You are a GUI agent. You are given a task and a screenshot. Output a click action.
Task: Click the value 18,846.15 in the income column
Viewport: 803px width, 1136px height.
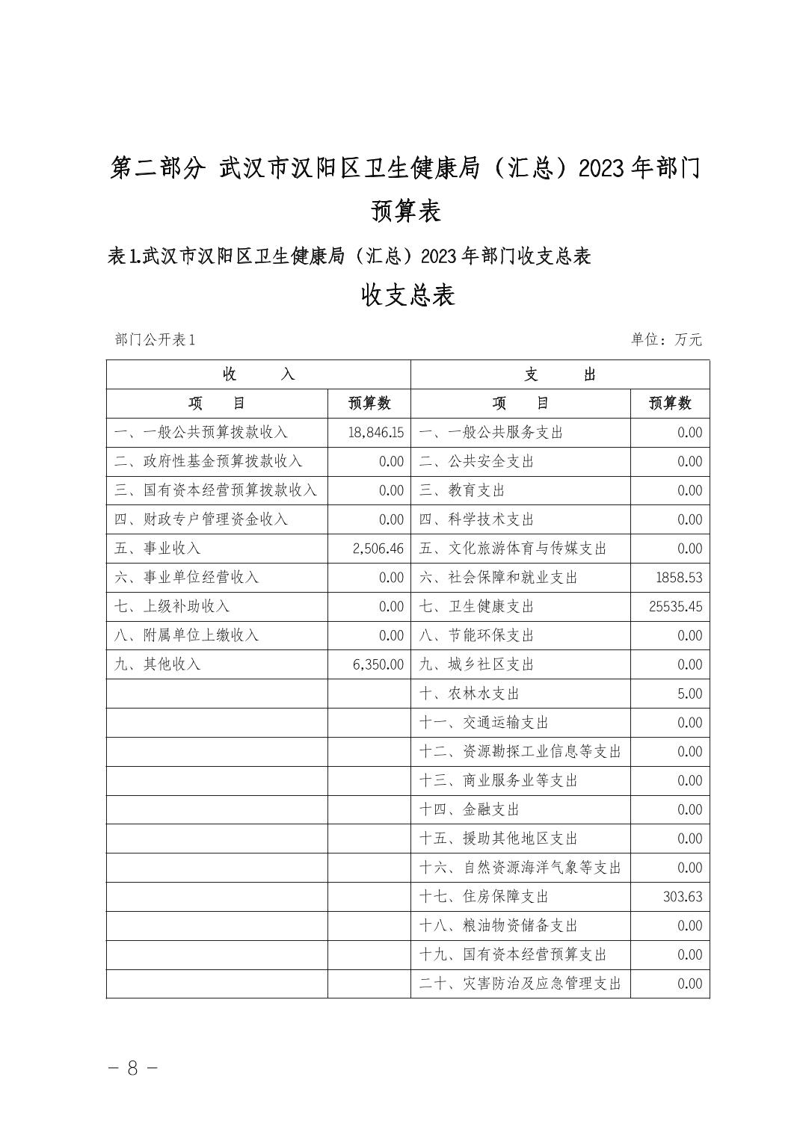coord(375,433)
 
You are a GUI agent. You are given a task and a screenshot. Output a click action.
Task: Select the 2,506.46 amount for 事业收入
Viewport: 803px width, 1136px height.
coord(378,549)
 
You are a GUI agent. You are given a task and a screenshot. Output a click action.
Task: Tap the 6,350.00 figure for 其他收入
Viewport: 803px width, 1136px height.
coord(378,664)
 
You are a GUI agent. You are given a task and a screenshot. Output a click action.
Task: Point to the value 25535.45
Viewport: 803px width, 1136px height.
coord(676,606)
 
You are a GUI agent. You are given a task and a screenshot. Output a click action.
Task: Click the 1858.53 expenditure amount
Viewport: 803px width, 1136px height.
coord(677,578)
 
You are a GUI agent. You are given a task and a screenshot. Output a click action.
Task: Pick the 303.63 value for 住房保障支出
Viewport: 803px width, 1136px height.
coord(682,896)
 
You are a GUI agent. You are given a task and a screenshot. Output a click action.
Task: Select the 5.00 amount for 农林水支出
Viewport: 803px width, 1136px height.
coord(689,694)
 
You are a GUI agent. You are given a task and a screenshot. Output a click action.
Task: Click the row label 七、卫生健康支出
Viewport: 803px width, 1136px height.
coord(476,606)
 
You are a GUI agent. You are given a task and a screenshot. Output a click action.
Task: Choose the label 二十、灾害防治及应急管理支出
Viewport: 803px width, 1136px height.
coord(520,984)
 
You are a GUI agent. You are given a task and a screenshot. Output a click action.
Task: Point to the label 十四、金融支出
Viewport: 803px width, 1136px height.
coord(469,809)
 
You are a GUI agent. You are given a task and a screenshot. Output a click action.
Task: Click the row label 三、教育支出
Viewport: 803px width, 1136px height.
coord(461,490)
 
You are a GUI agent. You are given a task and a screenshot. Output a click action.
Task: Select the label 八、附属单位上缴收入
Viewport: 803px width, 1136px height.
coord(186,635)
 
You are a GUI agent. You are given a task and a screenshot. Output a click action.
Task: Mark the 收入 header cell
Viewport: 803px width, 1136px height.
coord(258,374)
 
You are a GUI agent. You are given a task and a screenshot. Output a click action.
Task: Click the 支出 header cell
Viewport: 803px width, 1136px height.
coord(559,374)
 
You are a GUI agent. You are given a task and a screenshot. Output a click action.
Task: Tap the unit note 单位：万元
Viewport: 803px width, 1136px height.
coord(666,340)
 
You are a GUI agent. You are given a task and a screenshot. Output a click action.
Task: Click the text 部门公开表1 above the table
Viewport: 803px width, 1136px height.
coord(155,340)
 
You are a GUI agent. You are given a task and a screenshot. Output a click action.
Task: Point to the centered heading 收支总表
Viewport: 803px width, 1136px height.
coord(407,296)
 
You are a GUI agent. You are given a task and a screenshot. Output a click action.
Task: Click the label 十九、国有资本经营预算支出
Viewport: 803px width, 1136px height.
coord(512,954)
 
